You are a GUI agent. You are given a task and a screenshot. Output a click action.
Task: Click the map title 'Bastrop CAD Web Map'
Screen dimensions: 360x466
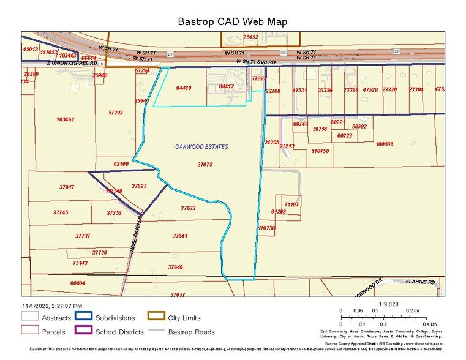tap(232, 21)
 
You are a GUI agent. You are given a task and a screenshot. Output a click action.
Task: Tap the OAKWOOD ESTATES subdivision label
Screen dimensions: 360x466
tap(201, 147)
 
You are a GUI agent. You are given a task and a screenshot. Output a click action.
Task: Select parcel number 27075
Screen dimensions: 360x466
tap(205, 164)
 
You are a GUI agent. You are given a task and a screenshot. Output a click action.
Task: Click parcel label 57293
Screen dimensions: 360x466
tap(115, 113)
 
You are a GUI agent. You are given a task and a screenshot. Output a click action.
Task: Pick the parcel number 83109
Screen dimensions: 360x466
tap(121, 164)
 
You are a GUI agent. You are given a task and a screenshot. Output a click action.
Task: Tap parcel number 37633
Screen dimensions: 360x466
tap(188, 208)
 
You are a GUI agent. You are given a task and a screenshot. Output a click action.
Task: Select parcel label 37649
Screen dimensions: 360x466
tap(175, 267)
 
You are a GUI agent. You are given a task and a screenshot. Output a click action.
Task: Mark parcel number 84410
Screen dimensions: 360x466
tap(184, 88)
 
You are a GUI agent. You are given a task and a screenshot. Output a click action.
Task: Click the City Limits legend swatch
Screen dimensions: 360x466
tap(157, 318)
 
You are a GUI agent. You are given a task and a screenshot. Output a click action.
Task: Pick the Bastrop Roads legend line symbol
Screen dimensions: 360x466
tap(157, 332)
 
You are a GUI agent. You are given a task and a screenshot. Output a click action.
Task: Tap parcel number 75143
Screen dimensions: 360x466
tap(80, 263)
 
